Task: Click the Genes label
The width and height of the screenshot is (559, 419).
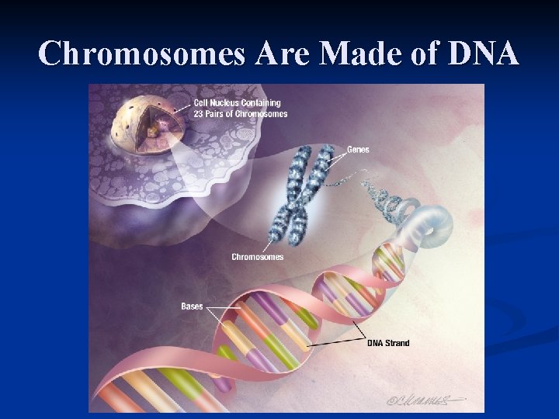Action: point(358,149)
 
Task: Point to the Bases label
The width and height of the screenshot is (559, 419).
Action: point(192,306)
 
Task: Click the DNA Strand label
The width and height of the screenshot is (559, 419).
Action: point(388,343)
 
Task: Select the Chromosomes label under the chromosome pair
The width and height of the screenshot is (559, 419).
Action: point(258,257)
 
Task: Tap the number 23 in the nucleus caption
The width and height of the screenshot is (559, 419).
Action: point(199,114)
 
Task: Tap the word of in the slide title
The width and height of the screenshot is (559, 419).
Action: point(418,54)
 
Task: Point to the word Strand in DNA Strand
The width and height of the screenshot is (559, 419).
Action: point(397,343)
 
